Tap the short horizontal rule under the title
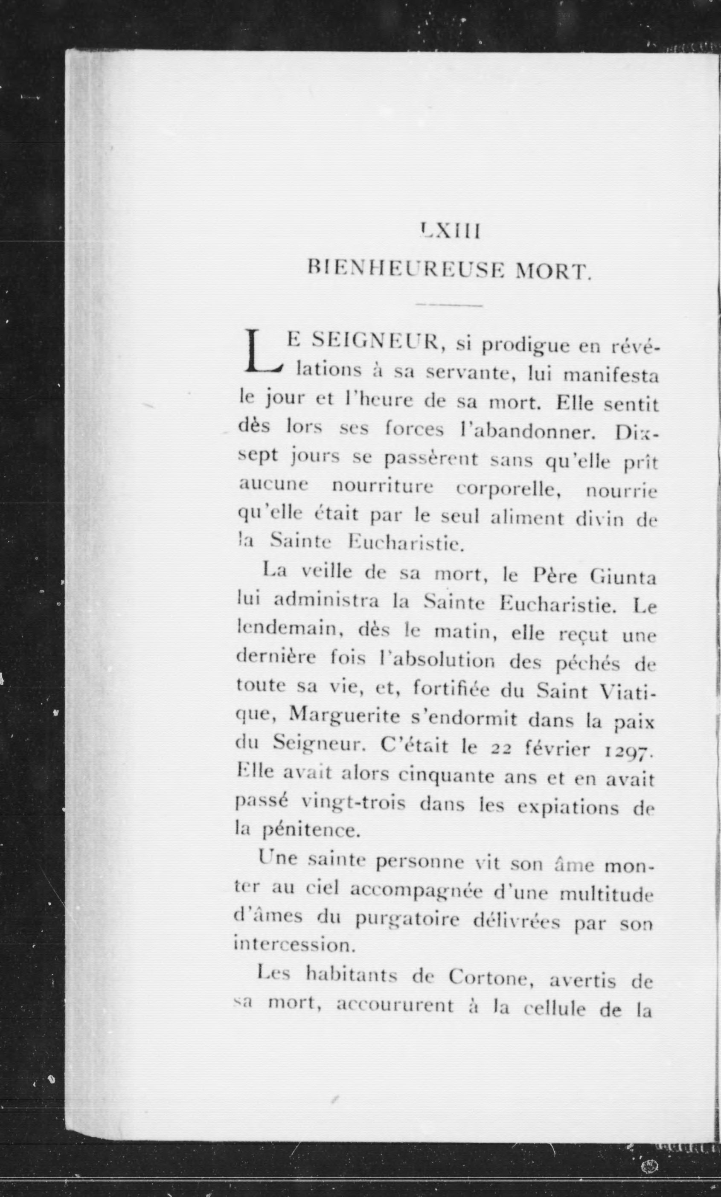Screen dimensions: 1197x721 click(x=449, y=305)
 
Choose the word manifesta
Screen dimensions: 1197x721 click(x=611, y=376)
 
